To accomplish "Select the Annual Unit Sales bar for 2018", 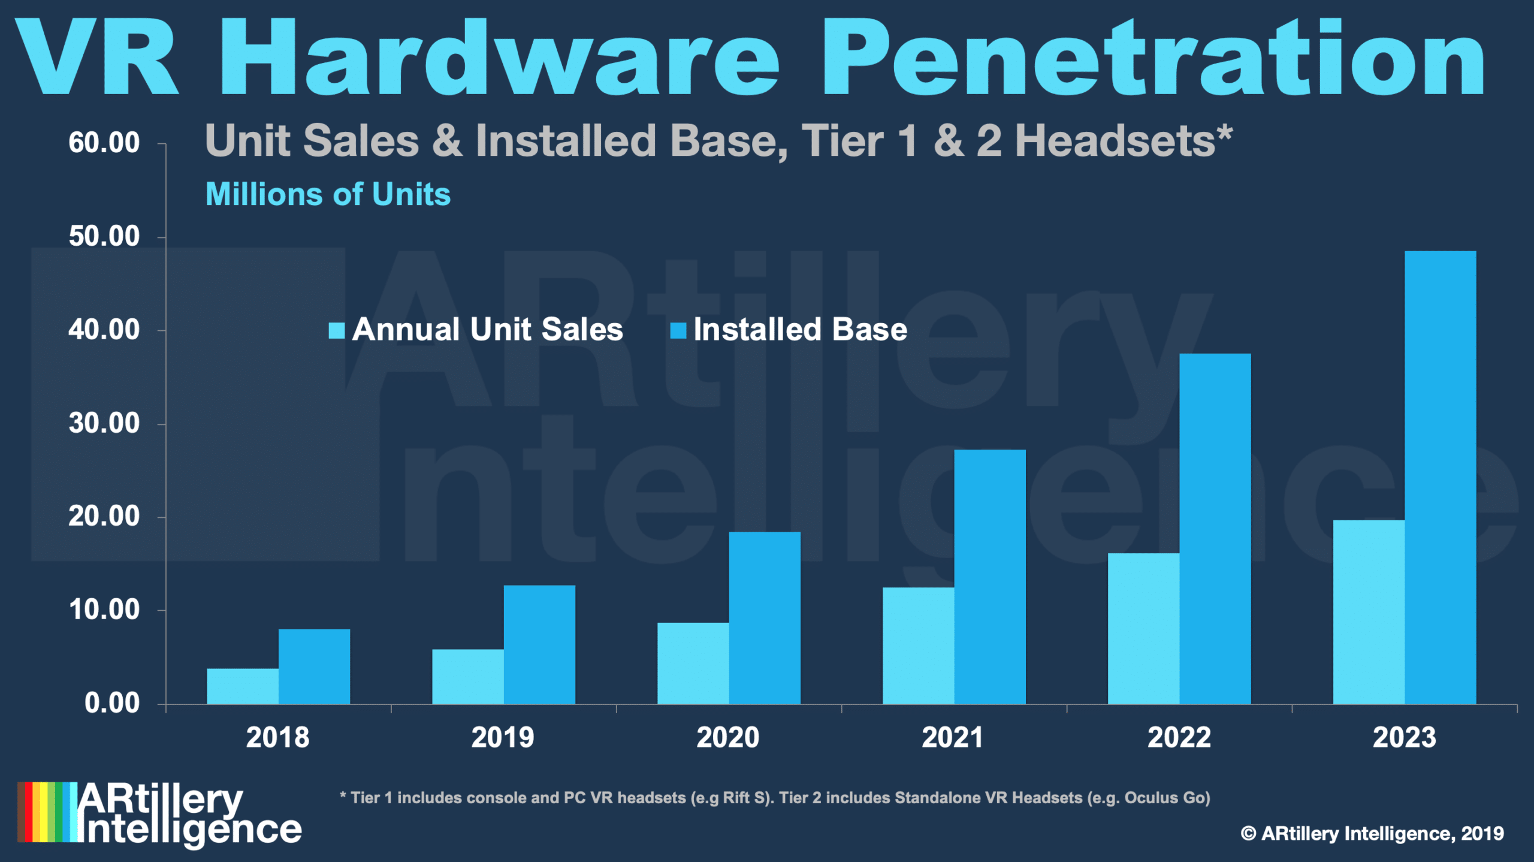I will [x=243, y=686].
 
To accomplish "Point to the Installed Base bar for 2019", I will [x=539, y=644].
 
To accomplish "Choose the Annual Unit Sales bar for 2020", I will [x=693, y=663].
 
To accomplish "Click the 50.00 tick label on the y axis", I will [x=104, y=237].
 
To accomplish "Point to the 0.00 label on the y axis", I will [x=112, y=703].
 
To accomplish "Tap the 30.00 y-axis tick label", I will [x=104, y=424].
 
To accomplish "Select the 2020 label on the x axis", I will [x=727, y=737].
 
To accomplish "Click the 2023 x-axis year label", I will [x=1404, y=737].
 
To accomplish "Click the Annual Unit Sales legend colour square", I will [x=337, y=330].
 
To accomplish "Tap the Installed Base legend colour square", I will [x=678, y=330].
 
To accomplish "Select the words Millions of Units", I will [x=328, y=194].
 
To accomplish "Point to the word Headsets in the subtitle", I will [x=1115, y=141].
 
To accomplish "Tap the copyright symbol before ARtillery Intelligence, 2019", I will [x=1248, y=833].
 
